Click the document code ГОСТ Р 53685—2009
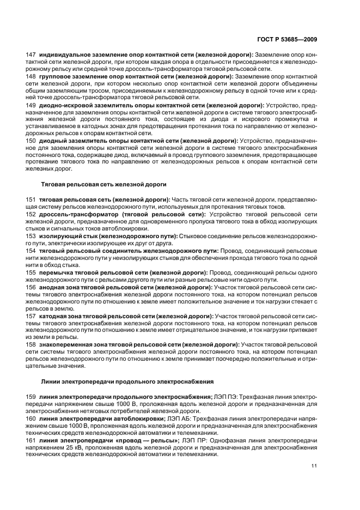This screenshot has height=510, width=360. (290, 39)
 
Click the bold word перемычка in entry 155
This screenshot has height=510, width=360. (56, 271)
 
